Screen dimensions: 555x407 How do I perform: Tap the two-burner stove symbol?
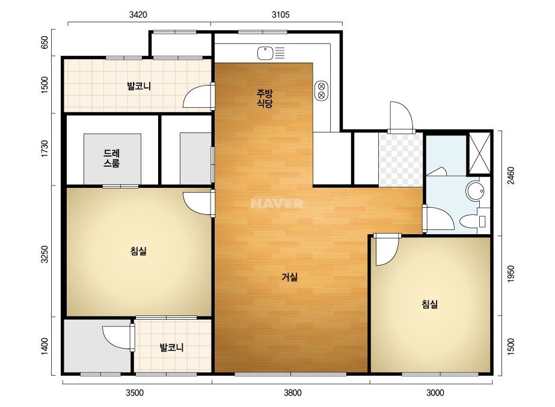tap(321, 90)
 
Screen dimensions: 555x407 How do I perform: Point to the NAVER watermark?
tap(277, 203)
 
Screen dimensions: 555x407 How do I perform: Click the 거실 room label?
tap(290, 277)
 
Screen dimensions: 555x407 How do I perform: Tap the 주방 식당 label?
tap(265, 99)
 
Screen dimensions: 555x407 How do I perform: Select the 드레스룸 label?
tap(111, 158)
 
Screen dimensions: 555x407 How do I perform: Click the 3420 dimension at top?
tap(138, 14)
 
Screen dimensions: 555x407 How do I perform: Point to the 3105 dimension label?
tap(281, 14)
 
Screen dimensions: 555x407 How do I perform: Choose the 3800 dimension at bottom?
tap(293, 393)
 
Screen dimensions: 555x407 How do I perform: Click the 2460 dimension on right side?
tap(511, 175)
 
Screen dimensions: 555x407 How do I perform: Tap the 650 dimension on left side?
tap(44, 43)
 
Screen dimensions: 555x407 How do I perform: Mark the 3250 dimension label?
tap(44, 254)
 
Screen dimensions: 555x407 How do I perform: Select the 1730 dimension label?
tap(44, 149)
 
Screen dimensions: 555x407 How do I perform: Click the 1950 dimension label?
tap(511, 274)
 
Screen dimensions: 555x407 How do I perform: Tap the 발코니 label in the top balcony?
tap(139, 86)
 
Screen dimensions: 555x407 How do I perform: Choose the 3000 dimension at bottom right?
tap(435, 393)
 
